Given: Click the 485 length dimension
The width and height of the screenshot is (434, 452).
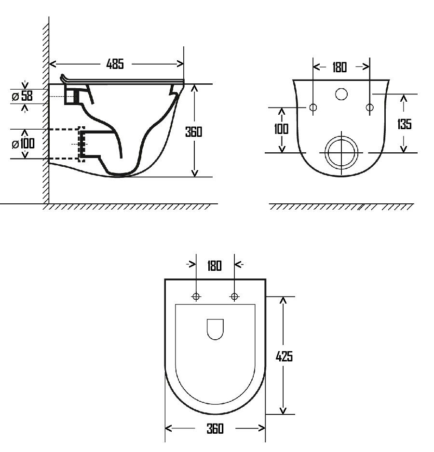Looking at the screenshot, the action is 115,64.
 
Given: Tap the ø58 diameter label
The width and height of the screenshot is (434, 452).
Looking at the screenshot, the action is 23,96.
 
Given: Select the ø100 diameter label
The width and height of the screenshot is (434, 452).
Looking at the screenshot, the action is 23,144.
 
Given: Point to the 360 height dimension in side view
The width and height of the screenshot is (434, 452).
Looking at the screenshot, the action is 194,132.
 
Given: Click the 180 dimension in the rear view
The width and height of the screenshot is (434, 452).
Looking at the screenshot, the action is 339,67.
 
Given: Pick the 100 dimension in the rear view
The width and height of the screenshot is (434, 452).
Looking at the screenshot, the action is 281,129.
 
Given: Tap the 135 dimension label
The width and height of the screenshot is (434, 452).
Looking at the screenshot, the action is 404,124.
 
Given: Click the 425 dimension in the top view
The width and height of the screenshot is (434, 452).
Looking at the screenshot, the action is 284,357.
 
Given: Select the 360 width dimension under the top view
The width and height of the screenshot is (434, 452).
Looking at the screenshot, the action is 215,429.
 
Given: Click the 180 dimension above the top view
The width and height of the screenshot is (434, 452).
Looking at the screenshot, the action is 215,266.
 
